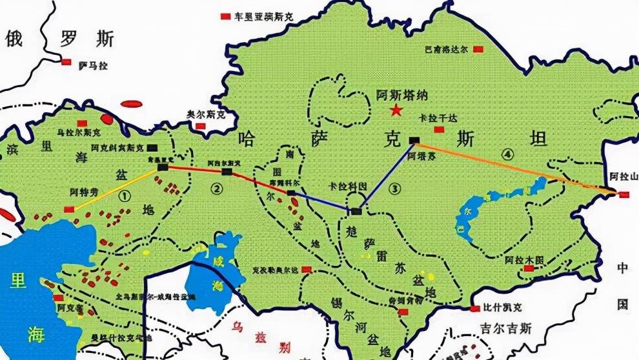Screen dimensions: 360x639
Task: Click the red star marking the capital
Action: pyautogui.click(x=394, y=112)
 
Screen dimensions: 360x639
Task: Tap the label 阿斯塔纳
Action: pyautogui.click(x=401, y=95)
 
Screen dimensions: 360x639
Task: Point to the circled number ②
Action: pyautogui.click(x=217, y=189)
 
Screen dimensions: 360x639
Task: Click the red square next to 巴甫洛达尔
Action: pyautogui.click(x=478, y=49)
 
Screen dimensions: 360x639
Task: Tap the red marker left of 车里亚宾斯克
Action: pyautogui.click(x=225, y=15)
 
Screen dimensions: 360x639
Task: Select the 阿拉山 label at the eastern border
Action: pyautogui.click(x=623, y=176)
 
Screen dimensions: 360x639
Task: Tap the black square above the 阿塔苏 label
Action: pyautogui.click(x=414, y=140)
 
